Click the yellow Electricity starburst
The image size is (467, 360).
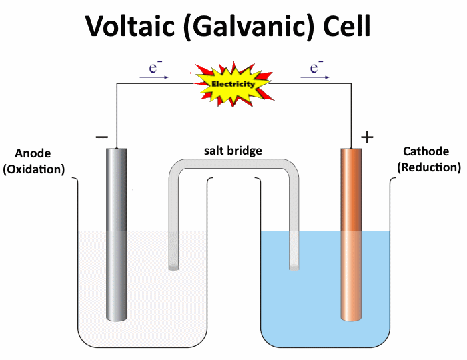(x=233, y=84)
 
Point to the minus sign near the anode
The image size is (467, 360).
(x=101, y=137)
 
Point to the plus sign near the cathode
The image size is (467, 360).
(x=367, y=137)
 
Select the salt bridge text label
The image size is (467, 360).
(x=233, y=151)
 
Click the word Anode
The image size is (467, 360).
(x=33, y=153)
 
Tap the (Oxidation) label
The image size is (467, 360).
(x=34, y=169)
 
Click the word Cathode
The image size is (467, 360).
(x=426, y=152)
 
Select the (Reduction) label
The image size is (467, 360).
(x=428, y=167)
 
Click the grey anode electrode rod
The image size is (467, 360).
(x=116, y=233)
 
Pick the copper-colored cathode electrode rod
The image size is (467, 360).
(x=351, y=233)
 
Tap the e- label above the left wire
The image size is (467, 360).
(x=155, y=67)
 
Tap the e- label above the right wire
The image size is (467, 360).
(x=316, y=67)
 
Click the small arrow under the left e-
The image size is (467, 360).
(x=154, y=77)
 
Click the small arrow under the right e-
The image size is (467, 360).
(x=315, y=77)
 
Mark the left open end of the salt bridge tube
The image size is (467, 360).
(x=173, y=267)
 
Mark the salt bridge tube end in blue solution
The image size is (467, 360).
(x=294, y=267)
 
